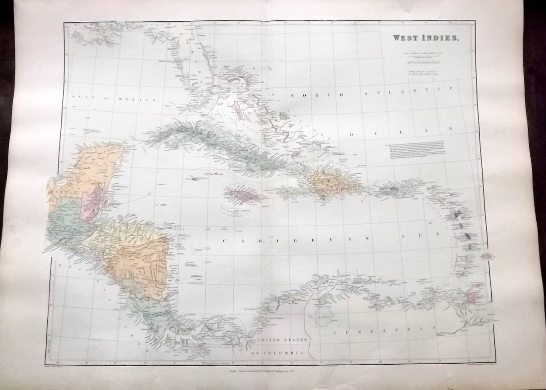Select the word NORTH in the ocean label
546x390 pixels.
308,95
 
